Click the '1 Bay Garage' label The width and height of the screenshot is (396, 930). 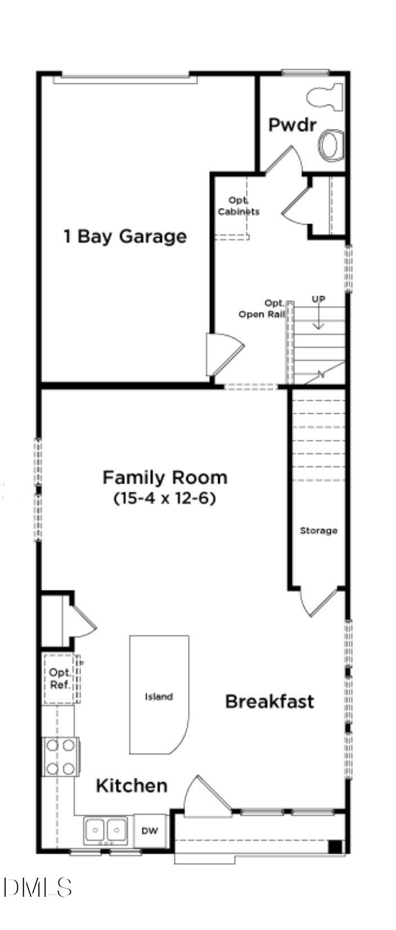coord(124,236)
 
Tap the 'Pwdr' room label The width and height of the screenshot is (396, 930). coord(292,124)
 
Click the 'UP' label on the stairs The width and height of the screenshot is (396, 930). coord(318,299)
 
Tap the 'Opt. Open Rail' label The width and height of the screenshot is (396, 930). coord(262,310)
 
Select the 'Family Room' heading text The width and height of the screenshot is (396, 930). coord(165,477)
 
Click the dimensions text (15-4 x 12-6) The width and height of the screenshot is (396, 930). coord(165,498)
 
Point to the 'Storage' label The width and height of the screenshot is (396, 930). coord(318,530)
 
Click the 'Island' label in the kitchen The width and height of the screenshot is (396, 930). coord(159,696)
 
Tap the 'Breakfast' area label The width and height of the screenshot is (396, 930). coord(269,701)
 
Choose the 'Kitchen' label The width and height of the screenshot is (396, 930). coord(132,785)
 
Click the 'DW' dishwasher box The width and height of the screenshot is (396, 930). coord(150,831)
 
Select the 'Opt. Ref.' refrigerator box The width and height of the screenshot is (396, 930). coord(60,678)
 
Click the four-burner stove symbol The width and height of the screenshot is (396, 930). coord(61,757)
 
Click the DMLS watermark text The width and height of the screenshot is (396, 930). coord(37,888)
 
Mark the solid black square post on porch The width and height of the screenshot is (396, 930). coord(335,846)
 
